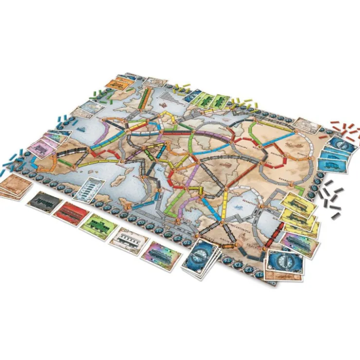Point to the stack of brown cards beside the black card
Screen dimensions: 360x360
coord(14,186)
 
